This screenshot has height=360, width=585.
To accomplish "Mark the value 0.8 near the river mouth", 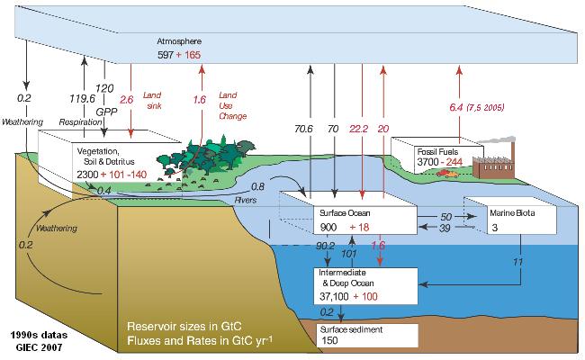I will tap(258, 187).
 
